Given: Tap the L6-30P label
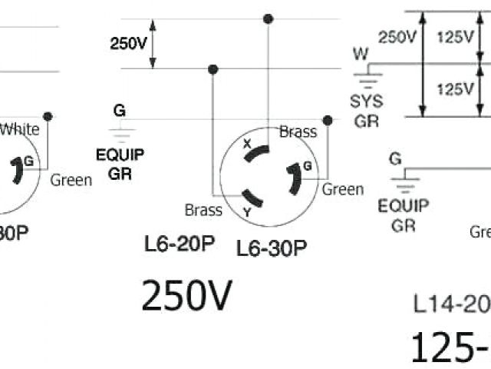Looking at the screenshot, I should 272,248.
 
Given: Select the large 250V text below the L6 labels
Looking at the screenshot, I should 186,296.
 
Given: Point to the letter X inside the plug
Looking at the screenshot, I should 247,144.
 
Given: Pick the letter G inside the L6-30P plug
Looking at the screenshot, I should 307,166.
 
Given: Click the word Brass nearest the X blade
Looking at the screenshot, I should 298,131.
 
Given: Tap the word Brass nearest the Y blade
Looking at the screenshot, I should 203,209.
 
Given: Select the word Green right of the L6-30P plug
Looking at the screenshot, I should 342,188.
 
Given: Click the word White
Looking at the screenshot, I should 20,129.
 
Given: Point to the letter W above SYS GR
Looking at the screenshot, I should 360,54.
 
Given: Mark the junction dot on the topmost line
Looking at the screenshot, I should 267,18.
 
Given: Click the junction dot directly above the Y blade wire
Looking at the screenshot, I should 213,69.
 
